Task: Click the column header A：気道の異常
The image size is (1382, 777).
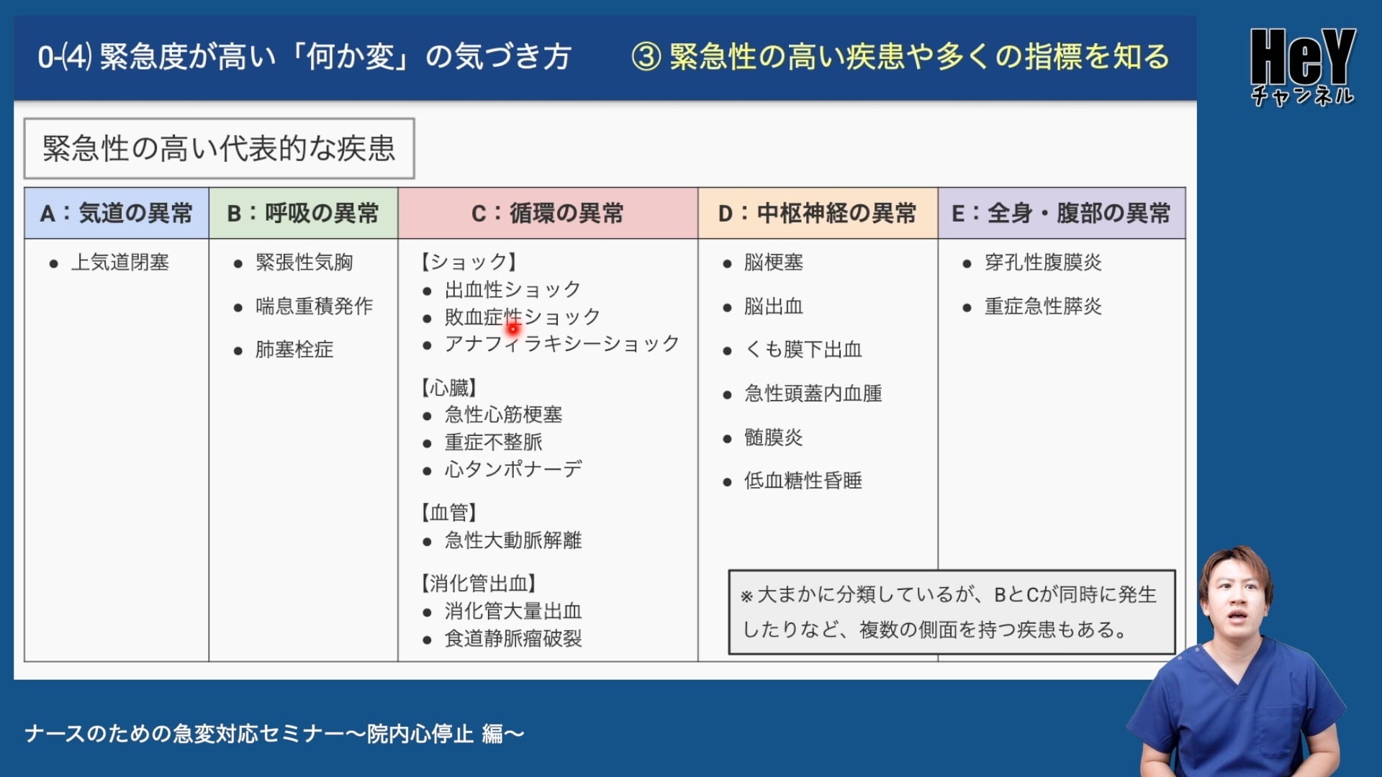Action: point(117,213)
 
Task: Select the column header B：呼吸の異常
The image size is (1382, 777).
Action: point(303,213)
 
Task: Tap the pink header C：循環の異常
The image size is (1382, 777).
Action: point(548,213)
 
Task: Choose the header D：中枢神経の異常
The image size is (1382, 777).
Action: point(818,213)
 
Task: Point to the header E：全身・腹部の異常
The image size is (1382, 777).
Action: point(1062,213)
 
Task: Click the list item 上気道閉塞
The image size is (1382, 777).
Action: point(120,263)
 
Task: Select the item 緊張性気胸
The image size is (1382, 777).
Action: point(304,263)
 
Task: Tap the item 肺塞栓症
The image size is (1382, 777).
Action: point(294,350)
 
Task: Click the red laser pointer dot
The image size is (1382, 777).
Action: point(513,329)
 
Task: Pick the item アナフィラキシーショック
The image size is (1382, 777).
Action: point(561,344)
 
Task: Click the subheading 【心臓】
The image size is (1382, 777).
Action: point(449,388)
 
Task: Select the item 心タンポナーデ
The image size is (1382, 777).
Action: point(513,469)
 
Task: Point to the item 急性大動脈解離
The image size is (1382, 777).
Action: point(513,540)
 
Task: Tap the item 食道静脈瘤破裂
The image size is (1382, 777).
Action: point(513,639)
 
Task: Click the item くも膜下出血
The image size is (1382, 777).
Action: point(803,350)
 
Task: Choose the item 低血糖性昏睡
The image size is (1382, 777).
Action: point(803,481)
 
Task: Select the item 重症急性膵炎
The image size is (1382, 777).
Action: point(1043,306)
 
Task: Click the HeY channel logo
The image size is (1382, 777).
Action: point(1303,66)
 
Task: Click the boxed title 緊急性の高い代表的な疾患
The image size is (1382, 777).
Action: point(219,148)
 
